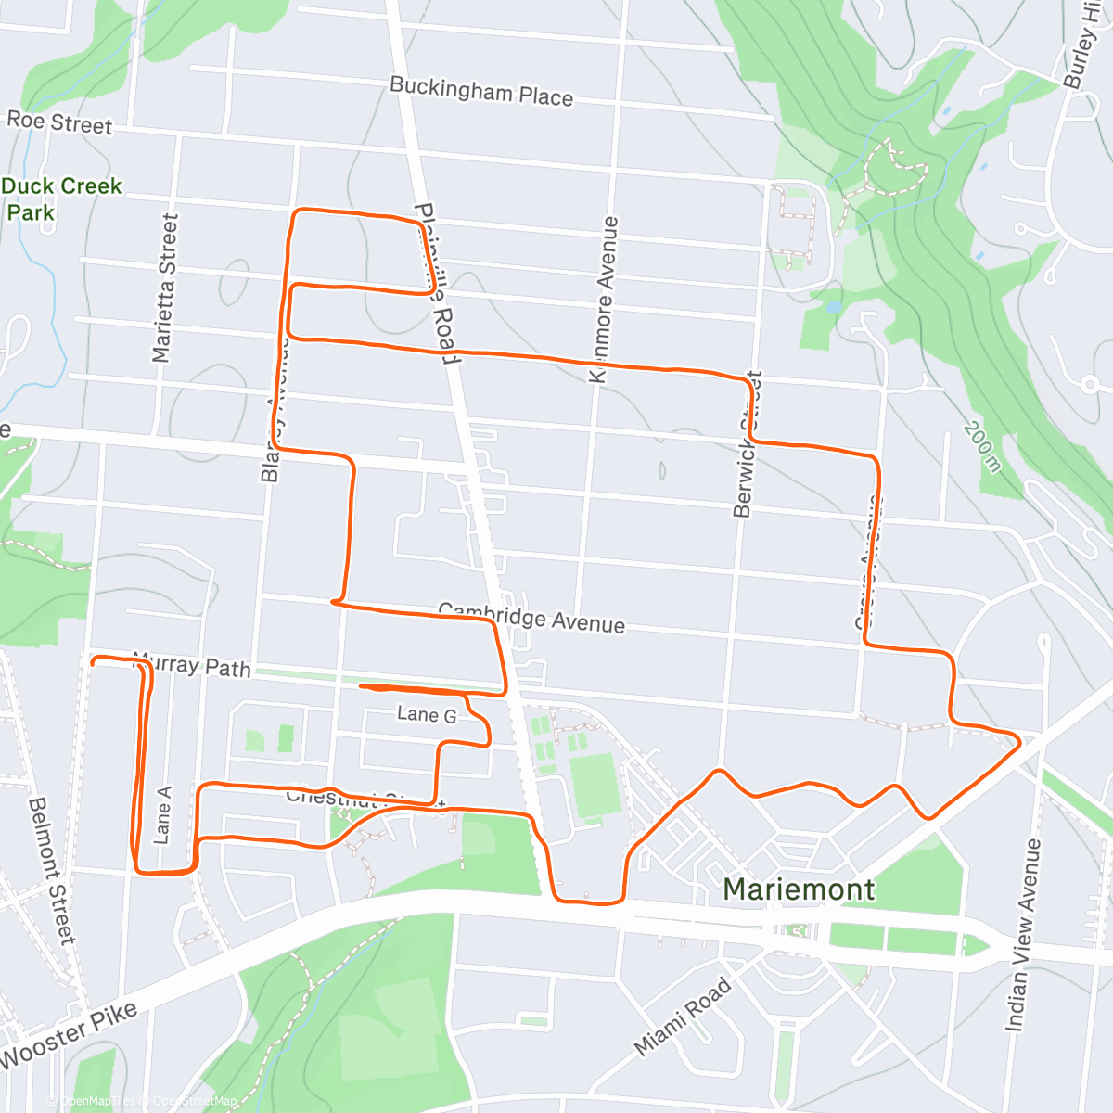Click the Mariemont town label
[799, 889]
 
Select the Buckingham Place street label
[480, 92]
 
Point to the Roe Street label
[59, 122]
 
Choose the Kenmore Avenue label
[604, 299]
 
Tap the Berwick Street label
[748, 444]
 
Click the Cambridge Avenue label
[531, 618]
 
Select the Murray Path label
[192, 665]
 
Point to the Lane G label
[427, 714]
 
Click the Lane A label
[162, 815]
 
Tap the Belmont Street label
[51, 870]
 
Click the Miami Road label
[683, 1017]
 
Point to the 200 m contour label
[982, 446]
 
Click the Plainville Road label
[436, 282]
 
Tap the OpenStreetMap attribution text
[195, 1101]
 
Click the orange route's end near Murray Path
[92, 661]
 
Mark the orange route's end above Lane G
[360, 687]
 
